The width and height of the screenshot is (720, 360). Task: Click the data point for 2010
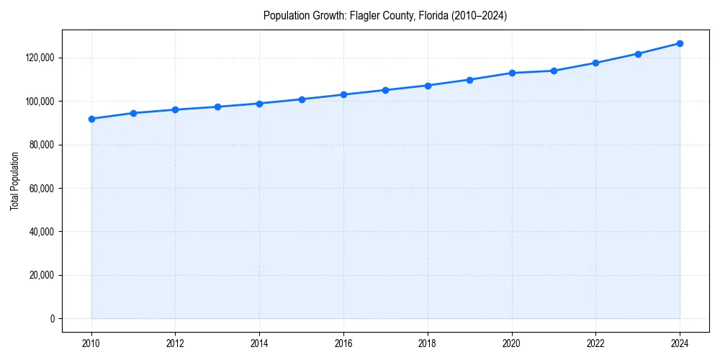click(x=91, y=119)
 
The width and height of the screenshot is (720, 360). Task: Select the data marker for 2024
click(x=680, y=43)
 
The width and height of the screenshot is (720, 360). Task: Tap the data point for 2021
click(x=554, y=71)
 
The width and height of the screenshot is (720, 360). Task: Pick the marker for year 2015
click(x=302, y=99)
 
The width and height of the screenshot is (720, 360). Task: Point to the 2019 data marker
click(x=469, y=80)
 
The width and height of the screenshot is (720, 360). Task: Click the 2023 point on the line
click(x=638, y=54)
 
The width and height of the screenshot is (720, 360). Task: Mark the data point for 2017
click(x=385, y=90)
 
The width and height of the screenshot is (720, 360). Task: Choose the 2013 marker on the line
click(x=217, y=107)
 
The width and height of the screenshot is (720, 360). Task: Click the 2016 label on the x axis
click(x=343, y=343)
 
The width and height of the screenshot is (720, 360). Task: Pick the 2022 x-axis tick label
click(x=595, y=343)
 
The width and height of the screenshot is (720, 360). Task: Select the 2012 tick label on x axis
click(x=176, y=343)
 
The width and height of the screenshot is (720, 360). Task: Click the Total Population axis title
click(x=14, y=181)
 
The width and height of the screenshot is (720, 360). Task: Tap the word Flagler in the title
click(x=364, y=15)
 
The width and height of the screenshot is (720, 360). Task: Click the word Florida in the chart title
click(x=430, y=15)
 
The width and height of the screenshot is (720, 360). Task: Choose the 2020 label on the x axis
click(x=511, y=343)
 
